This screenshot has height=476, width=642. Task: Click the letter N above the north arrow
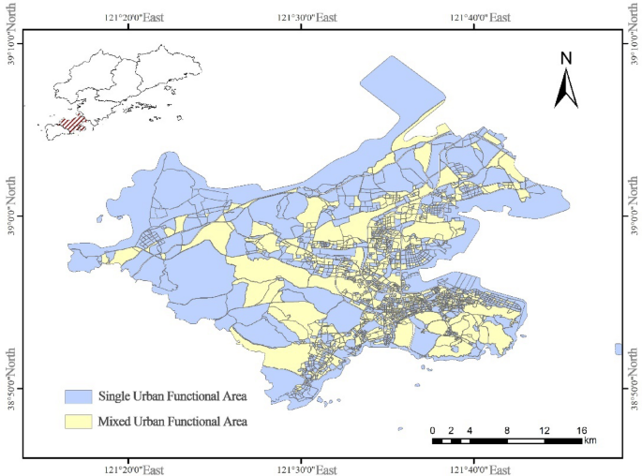point(566,58)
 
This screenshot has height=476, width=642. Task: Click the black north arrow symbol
point(566,90)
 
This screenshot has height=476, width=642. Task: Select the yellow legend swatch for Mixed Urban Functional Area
point(78,422)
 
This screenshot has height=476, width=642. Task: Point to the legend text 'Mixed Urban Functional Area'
point(172,422)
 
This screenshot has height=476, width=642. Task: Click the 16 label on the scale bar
point(581,430)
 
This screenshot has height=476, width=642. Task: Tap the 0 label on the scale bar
point(432,430)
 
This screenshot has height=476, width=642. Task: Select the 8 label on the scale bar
point(507,430)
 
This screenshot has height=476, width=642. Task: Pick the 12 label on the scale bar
point(544,430)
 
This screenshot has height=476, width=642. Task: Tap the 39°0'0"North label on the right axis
point(631,207)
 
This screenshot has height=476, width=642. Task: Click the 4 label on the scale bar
point(470,430)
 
